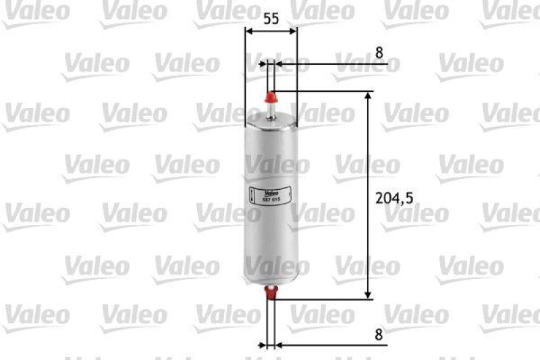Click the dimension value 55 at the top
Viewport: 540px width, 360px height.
coord(271,19)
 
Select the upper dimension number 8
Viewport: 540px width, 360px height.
coord(379,51)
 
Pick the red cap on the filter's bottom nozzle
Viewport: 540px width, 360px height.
coord(271,292)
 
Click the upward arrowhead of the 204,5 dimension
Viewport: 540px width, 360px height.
coord(368,97)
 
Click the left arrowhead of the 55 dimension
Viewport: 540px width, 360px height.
coord(248,32)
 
